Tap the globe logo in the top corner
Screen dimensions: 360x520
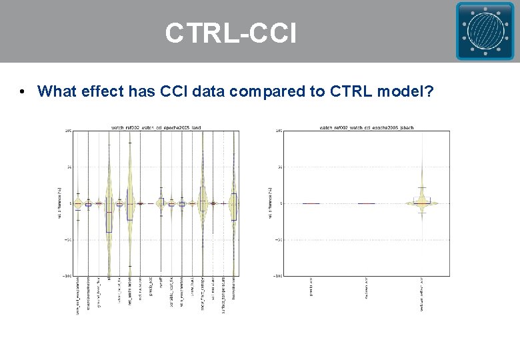485,31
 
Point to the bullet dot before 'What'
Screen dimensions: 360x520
23,92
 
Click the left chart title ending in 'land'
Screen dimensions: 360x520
155,127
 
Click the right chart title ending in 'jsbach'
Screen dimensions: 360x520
367,127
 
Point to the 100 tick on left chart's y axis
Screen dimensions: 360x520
68,131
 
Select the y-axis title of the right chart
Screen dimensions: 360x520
270,203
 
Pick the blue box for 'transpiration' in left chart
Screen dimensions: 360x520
233,206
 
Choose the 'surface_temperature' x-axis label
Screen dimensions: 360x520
223,294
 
